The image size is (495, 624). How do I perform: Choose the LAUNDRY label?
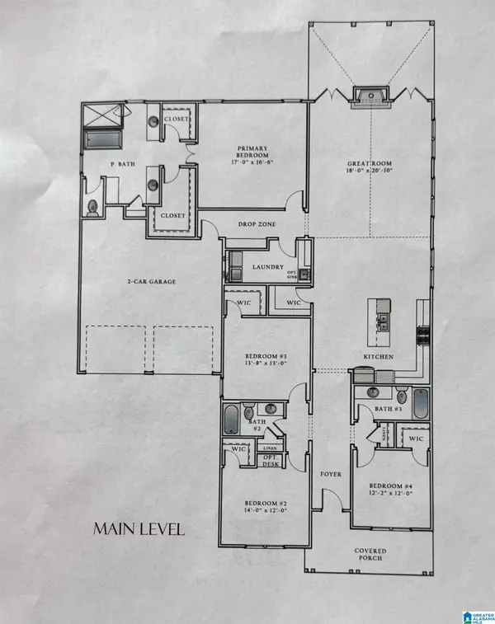[x=269, y=267]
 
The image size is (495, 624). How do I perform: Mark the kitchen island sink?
[x=382, y=316]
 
